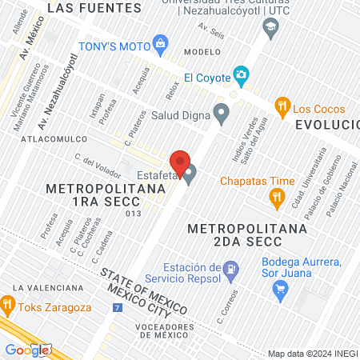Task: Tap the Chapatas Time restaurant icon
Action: tap(277, 197)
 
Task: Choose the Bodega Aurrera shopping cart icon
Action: tap(280, 290)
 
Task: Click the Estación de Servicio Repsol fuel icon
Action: tap(231, 269)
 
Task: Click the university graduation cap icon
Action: tap(270, 27)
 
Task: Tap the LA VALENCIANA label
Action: tap(48, 287)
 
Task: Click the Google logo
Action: tap(27, 350)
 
